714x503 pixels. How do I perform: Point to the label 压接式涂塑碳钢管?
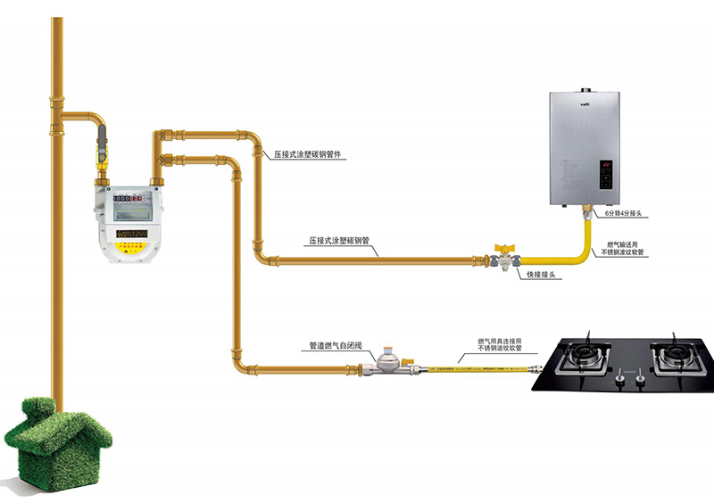(342, 241)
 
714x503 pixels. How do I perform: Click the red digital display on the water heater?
(604, 165)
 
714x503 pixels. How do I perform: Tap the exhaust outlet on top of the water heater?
(585, 89)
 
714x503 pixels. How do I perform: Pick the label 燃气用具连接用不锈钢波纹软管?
(500, 344)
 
